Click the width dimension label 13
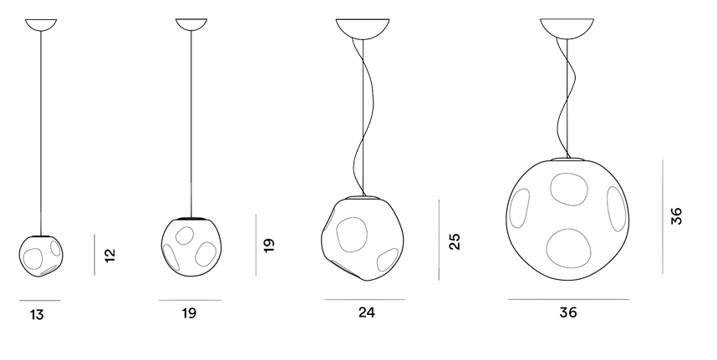37,315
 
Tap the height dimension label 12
110,256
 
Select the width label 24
367,312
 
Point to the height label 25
455,241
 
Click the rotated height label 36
676,216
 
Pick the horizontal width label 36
568,312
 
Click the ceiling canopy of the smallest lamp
41,25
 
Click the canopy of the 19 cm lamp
191,25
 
